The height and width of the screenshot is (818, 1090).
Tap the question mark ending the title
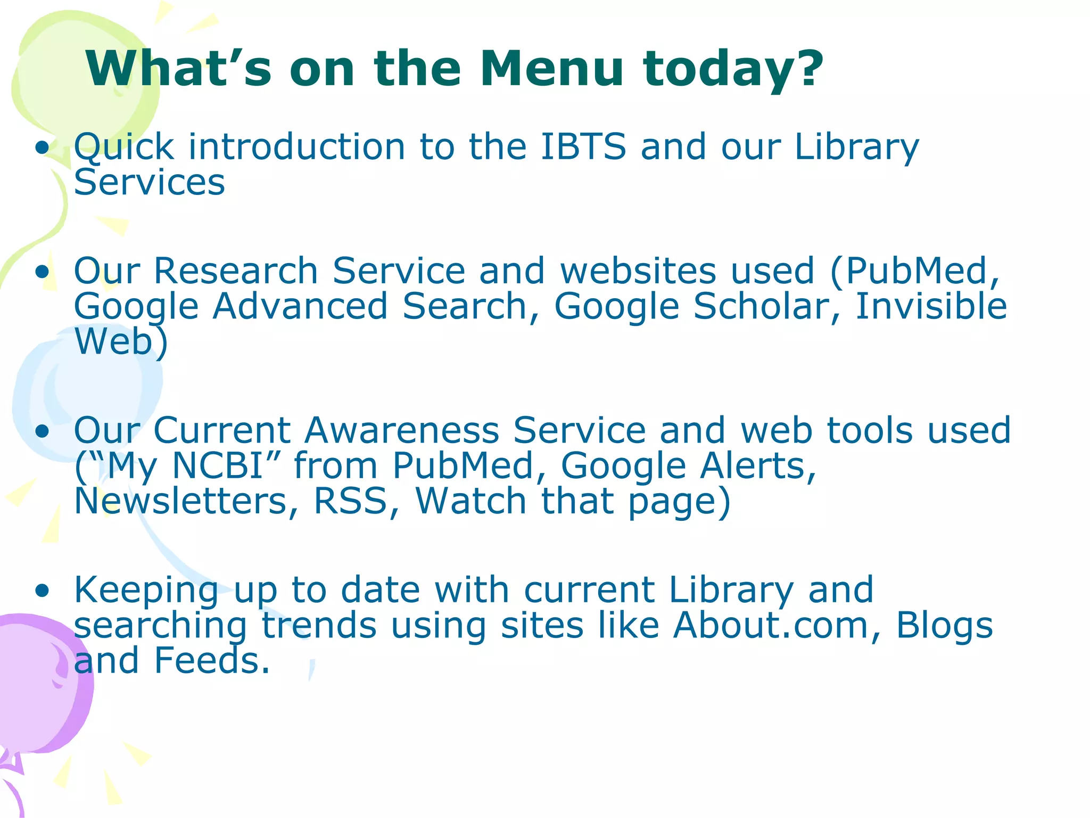804,69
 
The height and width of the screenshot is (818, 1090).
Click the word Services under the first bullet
150,183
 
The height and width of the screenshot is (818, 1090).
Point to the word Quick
124,148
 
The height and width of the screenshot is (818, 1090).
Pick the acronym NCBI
218,466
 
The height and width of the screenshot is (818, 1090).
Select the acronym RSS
350,501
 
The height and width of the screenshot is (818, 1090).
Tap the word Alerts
751,466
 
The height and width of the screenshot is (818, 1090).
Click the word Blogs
944,625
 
